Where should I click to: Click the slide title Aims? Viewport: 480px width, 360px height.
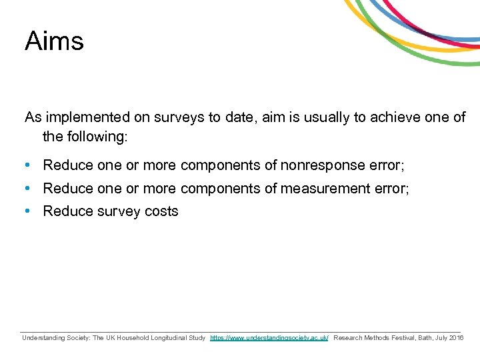54,41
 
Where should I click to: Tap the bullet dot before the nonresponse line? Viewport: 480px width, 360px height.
29,165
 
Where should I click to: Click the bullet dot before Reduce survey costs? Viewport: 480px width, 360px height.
29,211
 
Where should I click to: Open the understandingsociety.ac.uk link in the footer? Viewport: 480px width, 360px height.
269,338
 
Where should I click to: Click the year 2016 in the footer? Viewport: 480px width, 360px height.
457,338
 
